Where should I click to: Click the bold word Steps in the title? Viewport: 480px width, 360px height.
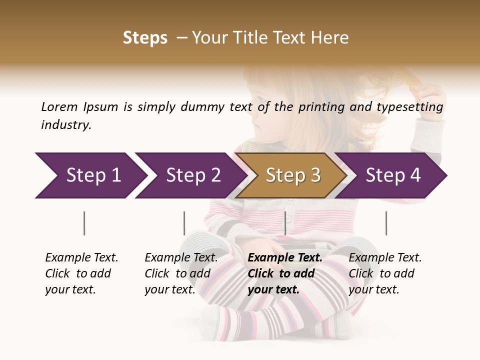(x=145, y=38)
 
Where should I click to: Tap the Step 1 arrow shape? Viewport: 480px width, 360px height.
(x=90, y=175)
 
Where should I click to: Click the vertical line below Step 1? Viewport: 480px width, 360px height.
(x=84, y=223)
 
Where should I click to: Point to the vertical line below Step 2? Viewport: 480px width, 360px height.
(x=184, y=223)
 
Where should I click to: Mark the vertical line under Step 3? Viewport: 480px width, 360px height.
(x=285, y=223)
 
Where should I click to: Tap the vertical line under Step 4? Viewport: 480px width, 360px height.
(x=386, y=223)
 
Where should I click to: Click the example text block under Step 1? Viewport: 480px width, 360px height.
(x=81, y=273)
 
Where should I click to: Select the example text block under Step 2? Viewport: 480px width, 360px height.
(x=181, y=273)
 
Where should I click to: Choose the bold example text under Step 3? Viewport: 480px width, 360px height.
(x=285, y=273)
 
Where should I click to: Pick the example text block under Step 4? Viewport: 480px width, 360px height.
(x=385, y=273)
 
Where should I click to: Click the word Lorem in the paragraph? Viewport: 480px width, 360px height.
(x=59, y=106)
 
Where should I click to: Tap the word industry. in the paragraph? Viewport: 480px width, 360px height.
(x=66, y=125)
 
